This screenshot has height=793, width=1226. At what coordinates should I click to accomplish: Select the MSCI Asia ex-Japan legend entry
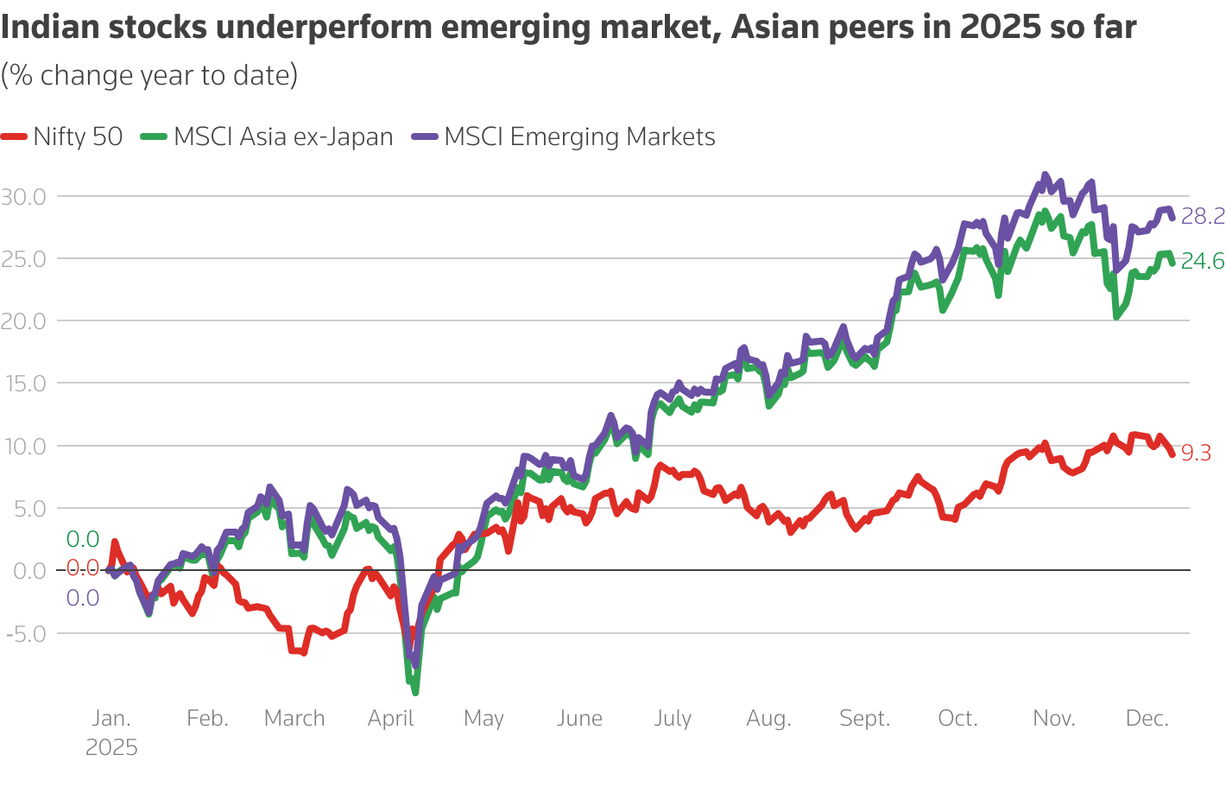coord(269,136)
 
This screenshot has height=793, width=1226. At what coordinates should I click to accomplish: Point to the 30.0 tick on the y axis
coord(23,197)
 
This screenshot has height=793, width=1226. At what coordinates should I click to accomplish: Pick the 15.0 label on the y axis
coord(23,384)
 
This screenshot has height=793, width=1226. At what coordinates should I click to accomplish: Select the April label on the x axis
coord(390,719)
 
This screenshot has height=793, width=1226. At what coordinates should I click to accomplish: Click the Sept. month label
coord(864,719)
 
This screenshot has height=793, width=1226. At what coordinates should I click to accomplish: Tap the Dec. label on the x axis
coord(1147,719)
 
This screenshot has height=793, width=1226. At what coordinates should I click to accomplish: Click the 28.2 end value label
coord(1202,216)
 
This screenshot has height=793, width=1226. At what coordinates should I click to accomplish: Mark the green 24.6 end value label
coord(1202,261)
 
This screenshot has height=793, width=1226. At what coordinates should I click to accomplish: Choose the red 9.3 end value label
coord(1196,453)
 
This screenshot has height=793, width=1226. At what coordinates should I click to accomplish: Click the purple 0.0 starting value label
coord(83,598)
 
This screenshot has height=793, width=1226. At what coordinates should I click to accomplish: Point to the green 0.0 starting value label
coord(83,540)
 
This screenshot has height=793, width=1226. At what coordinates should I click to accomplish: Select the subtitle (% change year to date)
coord(149,75)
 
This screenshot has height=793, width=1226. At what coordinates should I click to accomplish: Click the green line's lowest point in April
coord(415,692)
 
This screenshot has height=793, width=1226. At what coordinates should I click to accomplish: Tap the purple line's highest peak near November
coord(1045,174)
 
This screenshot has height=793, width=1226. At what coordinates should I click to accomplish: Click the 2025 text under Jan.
coord(111,747)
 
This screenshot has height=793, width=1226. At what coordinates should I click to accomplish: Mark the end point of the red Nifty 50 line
coord(1172,454)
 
